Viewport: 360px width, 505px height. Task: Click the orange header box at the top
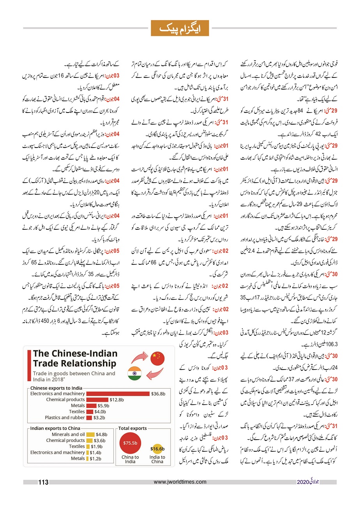180,28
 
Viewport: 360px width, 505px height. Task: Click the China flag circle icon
157,358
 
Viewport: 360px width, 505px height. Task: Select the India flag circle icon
134,374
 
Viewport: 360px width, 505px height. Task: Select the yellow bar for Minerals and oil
90,435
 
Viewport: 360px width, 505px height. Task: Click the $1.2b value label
95,458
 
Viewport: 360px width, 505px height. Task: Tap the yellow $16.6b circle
157,449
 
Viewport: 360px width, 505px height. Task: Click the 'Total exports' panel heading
133,428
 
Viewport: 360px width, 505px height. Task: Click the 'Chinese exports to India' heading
56,388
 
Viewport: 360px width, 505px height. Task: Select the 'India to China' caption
157,459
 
